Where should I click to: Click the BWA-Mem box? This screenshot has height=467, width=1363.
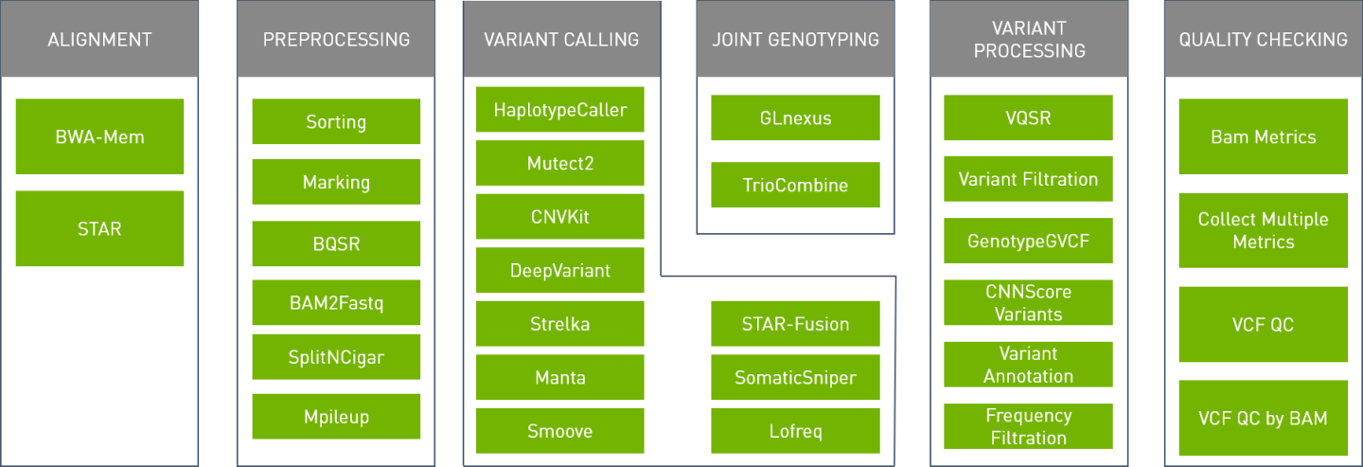[x=99, y=136]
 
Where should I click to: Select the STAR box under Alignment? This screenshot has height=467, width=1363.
[x=99, y=228]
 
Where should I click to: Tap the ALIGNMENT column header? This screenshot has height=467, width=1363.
[x=99, y=40]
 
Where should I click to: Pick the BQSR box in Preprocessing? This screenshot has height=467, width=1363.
[x=336, y=243]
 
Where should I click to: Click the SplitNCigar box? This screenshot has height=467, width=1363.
[x=336, y=357]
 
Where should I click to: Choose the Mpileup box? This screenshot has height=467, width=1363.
[x=336, y=416]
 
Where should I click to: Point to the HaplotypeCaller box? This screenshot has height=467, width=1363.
[x=560, y=110]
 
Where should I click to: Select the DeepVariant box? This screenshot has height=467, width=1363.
[x=560, y=270]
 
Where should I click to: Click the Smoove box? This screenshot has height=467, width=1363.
[x=560, y=431]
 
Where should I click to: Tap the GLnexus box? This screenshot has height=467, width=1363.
[x=795, y=118]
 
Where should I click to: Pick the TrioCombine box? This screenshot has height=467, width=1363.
[x=795, y=185]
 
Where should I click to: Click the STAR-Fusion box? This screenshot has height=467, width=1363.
[x=795, y=324]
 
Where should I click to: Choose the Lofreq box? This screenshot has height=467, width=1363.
[x=795, y=431]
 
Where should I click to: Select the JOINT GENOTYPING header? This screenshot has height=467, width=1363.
[x=795, y=40]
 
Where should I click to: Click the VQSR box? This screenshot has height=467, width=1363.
[x=1028, y=118]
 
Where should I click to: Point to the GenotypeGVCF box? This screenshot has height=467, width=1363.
[x=1028, y=241]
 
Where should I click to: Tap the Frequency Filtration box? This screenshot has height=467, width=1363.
[x=1028, y=426]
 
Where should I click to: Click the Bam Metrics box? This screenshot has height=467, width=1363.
[x=1263, y=136]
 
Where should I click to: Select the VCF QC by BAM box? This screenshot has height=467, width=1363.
[x=1263, y=418]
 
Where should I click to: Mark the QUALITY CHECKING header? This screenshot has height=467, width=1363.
[x=1263, y=40]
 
